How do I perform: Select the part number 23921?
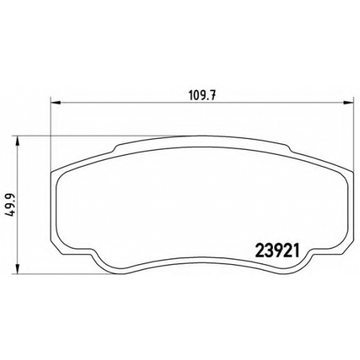click(278, 251)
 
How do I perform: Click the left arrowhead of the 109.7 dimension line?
click(56, 103)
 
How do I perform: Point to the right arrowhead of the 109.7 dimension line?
click(348, 103)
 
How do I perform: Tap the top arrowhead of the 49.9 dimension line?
click(17, 141)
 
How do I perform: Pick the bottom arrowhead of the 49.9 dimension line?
click(17, 269)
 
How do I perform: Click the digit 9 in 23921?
click(278, 251)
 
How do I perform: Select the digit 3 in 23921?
click(269, 251)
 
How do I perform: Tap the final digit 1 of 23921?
click(297, 251)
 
